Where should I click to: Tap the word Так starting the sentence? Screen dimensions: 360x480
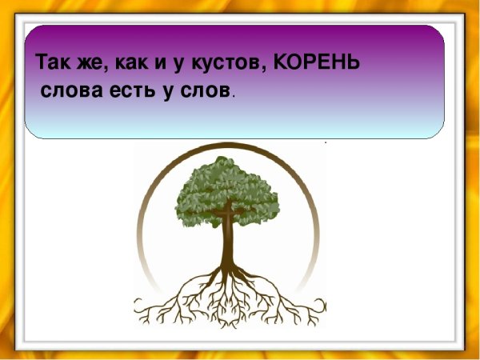(52, 62)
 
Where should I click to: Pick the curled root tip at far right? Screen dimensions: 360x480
(321, 304)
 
